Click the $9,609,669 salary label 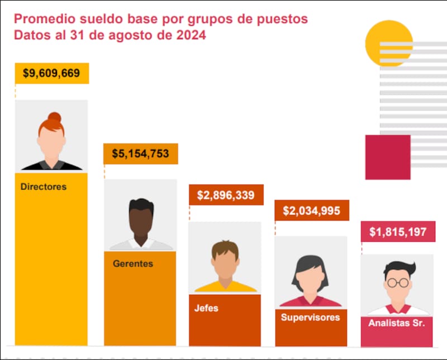point(51,73)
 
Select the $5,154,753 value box point(140,153)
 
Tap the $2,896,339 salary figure point(225,195)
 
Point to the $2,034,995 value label point(311,211)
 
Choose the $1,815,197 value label point(397,232)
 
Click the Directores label point(44,186)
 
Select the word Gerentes point(132,263)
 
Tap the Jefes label point(206,308)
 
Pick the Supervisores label point(310,317)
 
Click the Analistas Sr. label point(397,323)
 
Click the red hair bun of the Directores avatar point(54,117)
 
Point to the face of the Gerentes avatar point(140,223)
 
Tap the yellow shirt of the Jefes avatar point(225,287)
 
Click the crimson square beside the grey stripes point(388,157)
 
